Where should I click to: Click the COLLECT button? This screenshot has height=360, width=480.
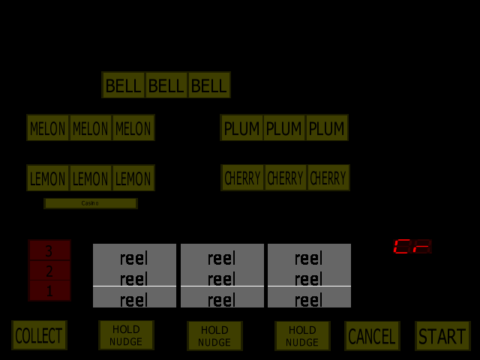[x=39, y=335]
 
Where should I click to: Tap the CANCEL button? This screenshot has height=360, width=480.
[x=372, y=336]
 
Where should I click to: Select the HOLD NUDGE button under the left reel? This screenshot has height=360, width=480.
[x=126, y=335]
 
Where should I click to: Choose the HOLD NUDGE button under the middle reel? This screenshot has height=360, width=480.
[x=214, y=336]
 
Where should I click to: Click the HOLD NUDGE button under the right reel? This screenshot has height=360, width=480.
[x=302, y=335]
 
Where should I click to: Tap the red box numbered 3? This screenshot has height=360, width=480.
[x=49, y=250]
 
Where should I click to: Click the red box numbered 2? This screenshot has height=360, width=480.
[x=49, y=271]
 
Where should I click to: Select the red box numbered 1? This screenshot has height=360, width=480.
[x=49, y=291]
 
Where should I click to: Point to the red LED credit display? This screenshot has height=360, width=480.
[x=412, y=247]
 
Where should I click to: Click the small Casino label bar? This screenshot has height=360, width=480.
[x=90, y=203]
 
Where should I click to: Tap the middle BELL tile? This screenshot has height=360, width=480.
[x=166, y=85]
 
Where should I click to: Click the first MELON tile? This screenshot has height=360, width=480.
[x=48, y=128]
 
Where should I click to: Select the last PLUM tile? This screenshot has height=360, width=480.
[x=326, y=128]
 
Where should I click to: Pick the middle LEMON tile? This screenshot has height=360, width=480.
[x=91, y=178]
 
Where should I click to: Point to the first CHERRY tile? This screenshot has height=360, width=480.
[x=243, y=178]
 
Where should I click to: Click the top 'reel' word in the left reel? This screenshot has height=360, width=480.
[x=134, y=259]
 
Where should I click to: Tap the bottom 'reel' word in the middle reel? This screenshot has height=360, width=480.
[x=221, y=301]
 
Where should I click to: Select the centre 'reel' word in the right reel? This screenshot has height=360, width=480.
[x=308, y=280]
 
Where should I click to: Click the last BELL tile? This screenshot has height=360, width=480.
[x=208, y=85]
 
